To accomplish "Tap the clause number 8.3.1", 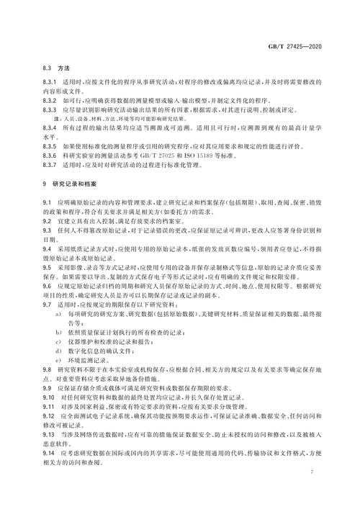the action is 51,81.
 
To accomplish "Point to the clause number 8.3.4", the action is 51,128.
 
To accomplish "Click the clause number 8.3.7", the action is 51,165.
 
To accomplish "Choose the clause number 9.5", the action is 48,265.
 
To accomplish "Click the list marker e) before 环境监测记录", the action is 58,358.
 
